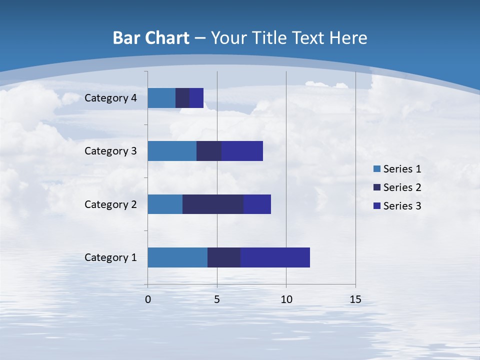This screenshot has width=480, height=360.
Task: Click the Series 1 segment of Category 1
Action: [177, 257]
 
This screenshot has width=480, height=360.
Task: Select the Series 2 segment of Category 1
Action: [224, 257]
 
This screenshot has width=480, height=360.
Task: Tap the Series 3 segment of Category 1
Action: [275, 257]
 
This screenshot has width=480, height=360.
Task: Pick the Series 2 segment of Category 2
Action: [213, 204]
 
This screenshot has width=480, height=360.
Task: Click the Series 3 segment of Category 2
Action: [257, 204]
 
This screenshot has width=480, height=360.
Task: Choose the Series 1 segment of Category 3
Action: [172, 151]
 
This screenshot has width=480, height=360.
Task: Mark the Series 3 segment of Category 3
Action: [242, 151]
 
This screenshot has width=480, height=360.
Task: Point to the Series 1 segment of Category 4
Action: [161, 98]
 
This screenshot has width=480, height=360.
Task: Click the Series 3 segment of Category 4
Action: [196, 98]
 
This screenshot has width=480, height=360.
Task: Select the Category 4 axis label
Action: [110, 98]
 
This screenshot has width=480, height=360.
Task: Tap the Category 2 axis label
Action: [110, 204]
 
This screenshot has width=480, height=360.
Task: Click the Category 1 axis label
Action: [110, 257]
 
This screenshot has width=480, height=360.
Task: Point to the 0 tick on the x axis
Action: [148, 299]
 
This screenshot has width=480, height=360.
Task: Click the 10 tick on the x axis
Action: [286, 299]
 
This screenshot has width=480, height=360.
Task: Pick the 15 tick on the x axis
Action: [355, 299]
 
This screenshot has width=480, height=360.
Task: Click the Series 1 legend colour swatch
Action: [376, 169]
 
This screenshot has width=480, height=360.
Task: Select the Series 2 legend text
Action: [402, 187]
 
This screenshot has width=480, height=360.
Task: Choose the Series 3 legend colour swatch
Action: [376, 206]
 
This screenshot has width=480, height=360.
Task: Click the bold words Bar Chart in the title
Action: [151, 38]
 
